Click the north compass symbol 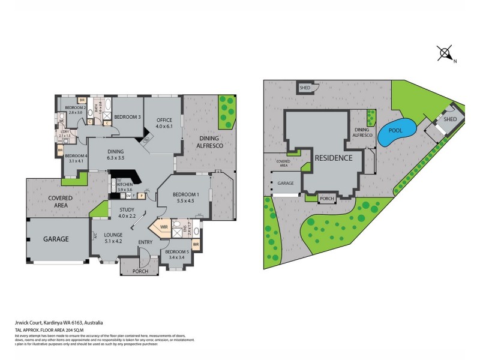click(445, 53)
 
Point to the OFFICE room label click(164, 119)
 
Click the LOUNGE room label click(113, 235)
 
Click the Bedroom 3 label click(127, 116)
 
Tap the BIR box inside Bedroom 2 click(82, 101)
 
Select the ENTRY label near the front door click(146, 242)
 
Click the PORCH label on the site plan click(327, 199)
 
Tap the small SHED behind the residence click(305, 88)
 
